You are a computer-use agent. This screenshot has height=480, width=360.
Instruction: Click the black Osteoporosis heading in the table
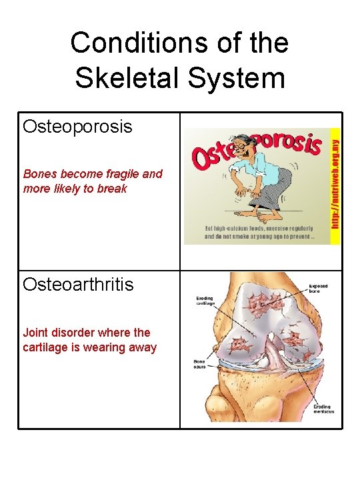pyautogui.click(x=77, y=127)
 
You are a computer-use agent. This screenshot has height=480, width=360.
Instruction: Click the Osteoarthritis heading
pyautogui.click(x=78, y=285)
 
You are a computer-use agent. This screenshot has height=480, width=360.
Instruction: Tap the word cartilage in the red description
pyautogui.click(x=47, y=347)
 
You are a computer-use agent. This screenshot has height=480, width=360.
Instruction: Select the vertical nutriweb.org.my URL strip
pyautogui.click(x=335, y=183)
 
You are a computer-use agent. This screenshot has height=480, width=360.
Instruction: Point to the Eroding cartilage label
pyautogui.click(x=205, y=301)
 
